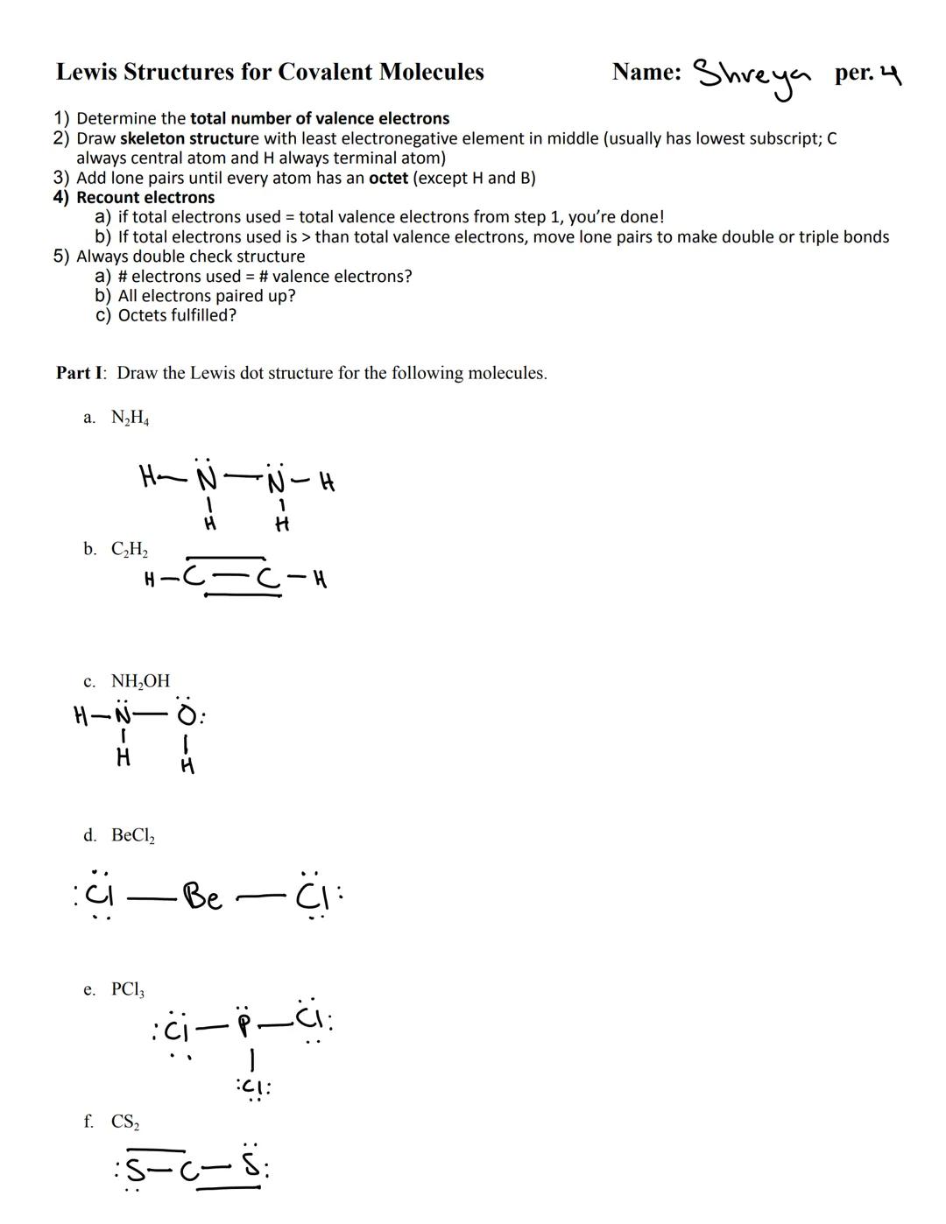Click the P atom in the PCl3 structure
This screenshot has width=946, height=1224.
click(246, 1024)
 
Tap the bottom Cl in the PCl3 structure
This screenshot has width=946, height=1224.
click(253, 1087)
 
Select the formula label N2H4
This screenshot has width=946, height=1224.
click(130, 418)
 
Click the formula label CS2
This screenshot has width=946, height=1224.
click(125, 1122)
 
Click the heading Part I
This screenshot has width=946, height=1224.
click(81, 373)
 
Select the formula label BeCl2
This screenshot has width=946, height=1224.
click(132, 835)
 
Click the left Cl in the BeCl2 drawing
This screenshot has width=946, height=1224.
click(103, 895)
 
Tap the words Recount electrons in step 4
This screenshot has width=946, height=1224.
click(145, 197)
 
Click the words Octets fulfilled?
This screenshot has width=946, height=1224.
click(177, 315)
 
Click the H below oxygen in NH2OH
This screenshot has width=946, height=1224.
click(187, 767)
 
